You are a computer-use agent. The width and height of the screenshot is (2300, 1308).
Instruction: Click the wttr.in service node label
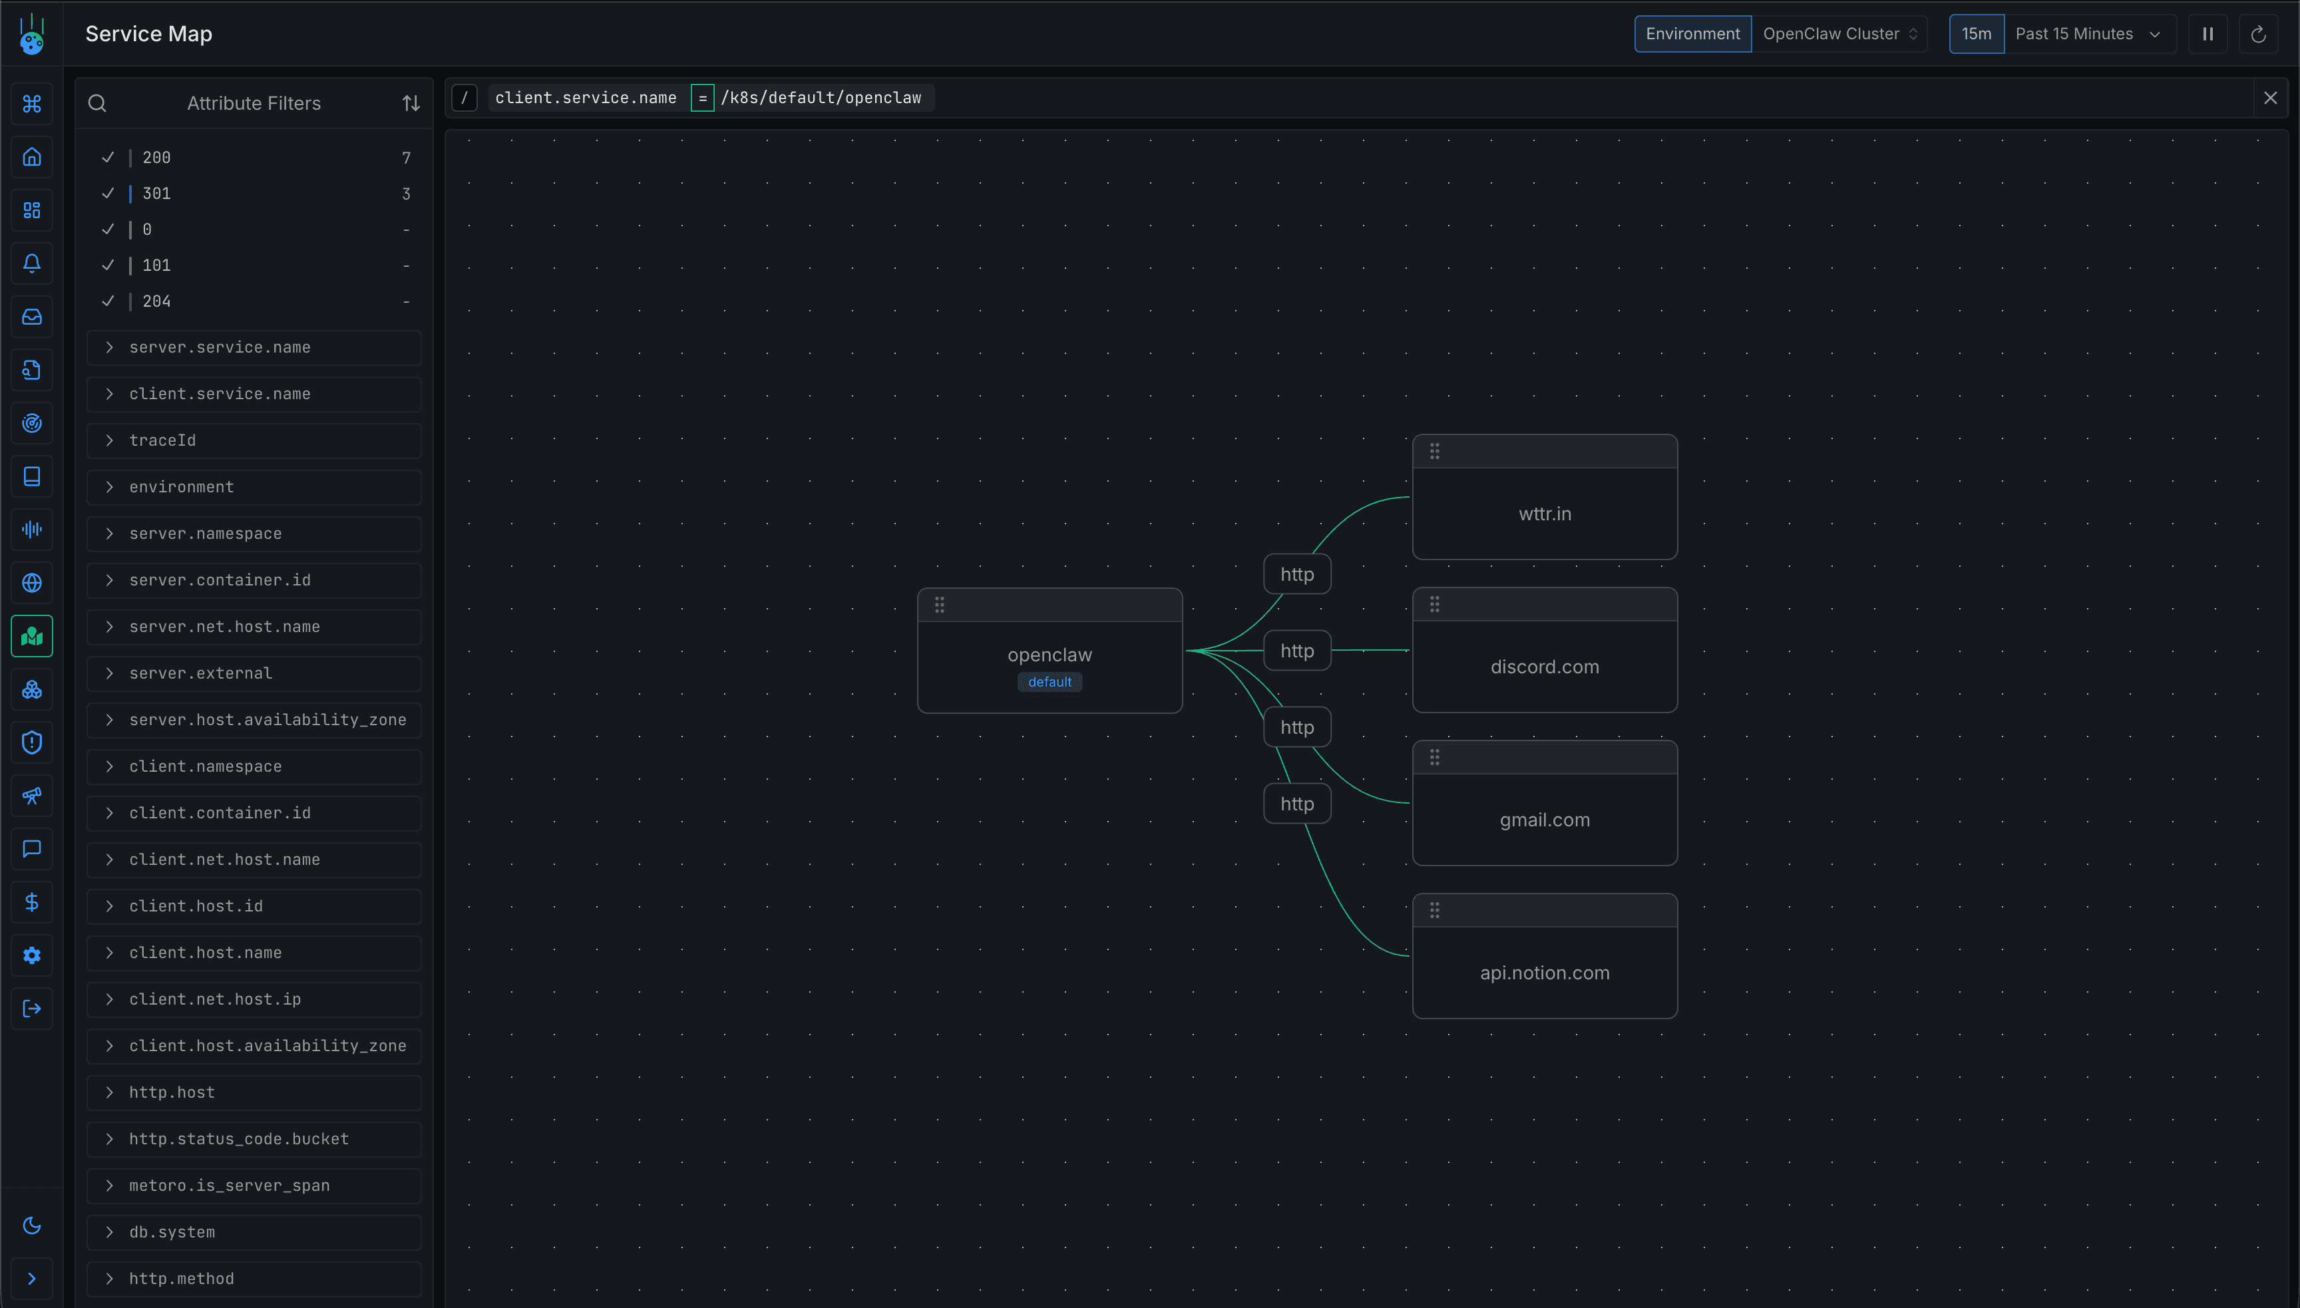[1545, 514]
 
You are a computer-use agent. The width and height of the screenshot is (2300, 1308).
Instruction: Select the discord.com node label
[1545, 667]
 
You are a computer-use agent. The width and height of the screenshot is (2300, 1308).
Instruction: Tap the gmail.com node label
[1545, 819]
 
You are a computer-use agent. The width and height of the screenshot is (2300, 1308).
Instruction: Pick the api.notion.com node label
[1545, 972]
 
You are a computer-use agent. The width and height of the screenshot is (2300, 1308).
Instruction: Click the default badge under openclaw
[1050, 682]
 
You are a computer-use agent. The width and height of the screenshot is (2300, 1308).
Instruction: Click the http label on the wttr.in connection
[1296, 574]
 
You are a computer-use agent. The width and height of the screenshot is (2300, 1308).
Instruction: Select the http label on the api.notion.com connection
[1296, 803]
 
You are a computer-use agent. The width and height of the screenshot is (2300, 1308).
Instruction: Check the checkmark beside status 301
[108, 193]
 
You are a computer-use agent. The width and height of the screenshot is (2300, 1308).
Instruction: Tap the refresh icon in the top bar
[2258, 34]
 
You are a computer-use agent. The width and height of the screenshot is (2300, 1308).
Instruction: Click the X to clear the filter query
[2270, 98]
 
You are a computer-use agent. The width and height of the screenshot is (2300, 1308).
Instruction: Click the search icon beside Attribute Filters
[97, 103]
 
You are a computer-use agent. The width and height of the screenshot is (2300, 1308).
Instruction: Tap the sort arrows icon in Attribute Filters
[411, 103]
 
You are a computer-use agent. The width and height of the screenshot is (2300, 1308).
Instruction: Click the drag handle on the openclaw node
[940, 605]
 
